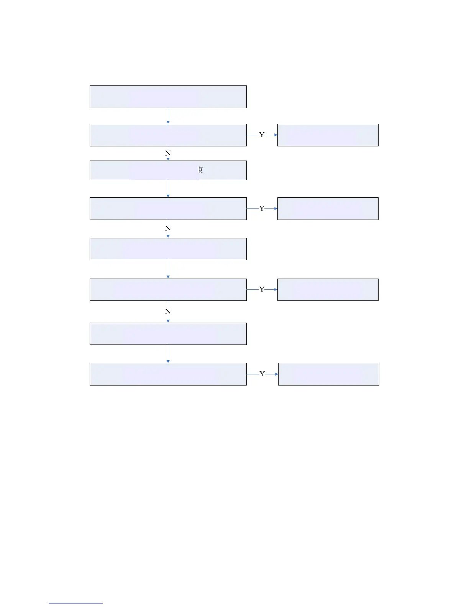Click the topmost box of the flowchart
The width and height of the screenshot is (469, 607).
point(168,97)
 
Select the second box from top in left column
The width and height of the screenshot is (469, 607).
point(168,135)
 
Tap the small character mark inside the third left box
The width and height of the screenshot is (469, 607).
point(200,170)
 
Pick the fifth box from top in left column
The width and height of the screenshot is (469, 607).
point(168,249)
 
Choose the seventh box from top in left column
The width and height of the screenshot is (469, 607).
point(168,334)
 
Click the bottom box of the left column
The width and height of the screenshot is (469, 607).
point(168,374)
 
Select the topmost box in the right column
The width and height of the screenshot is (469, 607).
point(328,135)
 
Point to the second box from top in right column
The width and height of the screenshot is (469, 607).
point(328,208)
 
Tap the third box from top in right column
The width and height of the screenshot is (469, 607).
point(328,290)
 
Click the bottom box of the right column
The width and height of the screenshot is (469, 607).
point(328,374)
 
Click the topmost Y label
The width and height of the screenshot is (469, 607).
point(262,135)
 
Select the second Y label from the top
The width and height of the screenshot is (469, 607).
point(262,208)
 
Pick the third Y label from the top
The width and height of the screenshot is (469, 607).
point(262,289)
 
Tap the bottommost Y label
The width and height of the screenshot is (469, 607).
point(262,374)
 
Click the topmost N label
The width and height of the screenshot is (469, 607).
point(168,153)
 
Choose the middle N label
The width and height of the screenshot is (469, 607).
point(168,228)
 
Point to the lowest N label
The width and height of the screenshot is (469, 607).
point(168,312)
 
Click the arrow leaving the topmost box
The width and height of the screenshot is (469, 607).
point(168,116)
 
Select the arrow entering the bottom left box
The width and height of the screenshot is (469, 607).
point(168,354)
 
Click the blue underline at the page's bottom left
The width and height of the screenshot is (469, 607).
point(76,604)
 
